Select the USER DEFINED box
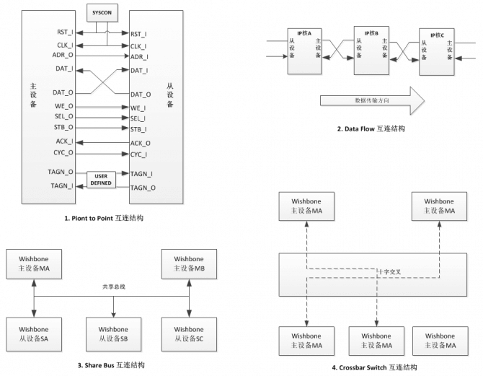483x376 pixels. (101, 179)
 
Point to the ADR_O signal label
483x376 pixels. (63, 55)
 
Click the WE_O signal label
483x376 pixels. (64, 107)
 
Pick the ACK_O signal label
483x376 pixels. (141, 143)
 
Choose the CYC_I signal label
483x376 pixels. (140, 154)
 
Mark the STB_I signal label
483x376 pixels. (140, 129)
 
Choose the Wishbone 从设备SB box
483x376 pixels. (112, 333)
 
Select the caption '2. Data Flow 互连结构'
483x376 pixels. (371, 128)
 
